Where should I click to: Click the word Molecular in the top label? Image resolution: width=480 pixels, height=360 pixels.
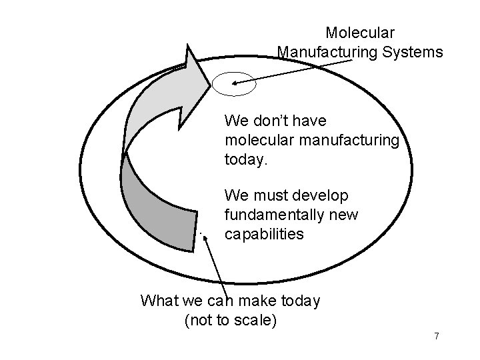tap(360, 32)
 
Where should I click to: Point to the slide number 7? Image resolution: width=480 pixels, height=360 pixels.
tap(437, 336)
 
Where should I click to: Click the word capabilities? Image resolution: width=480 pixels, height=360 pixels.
tap(265, 235)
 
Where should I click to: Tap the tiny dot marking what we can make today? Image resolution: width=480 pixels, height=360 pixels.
tap(200, 233)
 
